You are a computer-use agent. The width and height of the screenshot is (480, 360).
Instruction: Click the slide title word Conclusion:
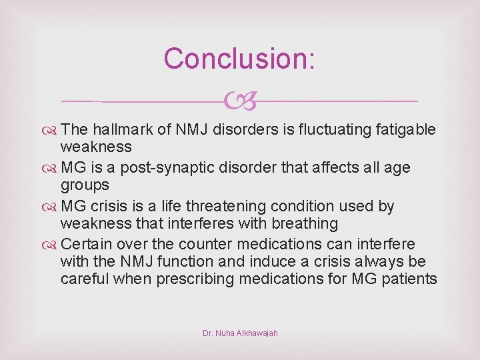(x=239, y=58)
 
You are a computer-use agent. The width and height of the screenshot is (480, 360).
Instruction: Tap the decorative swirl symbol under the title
(x=239, y=101)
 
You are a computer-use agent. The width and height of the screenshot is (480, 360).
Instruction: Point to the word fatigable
(x=403, y=129)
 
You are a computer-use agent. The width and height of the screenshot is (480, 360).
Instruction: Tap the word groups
(x=85, y=185)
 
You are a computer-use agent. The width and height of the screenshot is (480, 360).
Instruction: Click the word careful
(x=85, y=279)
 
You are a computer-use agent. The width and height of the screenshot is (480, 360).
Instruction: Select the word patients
(x=409, y=279)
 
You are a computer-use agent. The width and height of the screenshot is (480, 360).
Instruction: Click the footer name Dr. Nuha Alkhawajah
(x=240, y=333)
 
